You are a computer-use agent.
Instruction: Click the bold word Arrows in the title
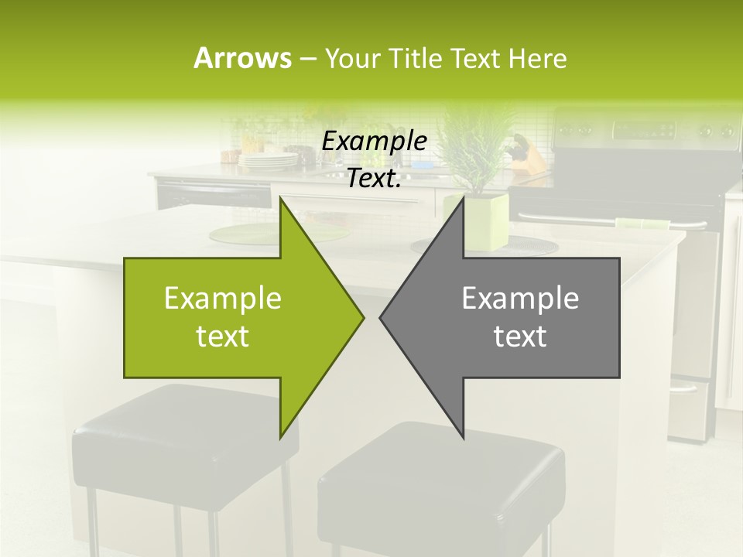pyautogui.click(x=242, y=58)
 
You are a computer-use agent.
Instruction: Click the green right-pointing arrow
pyautogui.click(x=232, y=318)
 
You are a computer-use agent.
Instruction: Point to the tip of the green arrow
pyautogui.click(x=362, y=317)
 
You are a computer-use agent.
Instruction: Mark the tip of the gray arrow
pyautogui.click(x=381, y=317)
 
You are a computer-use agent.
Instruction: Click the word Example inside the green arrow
pyautogui.click(x=223, y=299)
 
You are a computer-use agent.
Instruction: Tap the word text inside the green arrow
pyautogui.click(x=223, y=336)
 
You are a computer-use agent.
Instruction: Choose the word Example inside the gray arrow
pyautogui.click(x=520, y=299)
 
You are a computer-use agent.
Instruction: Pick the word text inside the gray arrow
pyautogui.click(x=520, y=336)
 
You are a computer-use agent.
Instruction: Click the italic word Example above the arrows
pyautogui.click(x=375, y=142)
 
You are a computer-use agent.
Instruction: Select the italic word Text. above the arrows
pyautogui.click(x=375, y=179)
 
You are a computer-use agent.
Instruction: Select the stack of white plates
pyautogui.click(x=268, y=160)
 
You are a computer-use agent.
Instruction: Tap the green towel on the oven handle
pyautogui.click(x=643, y=224)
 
